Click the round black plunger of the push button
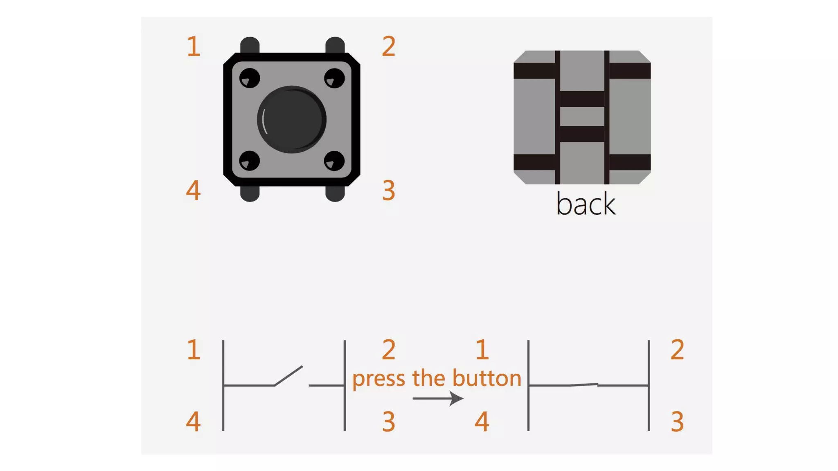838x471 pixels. point(291,119)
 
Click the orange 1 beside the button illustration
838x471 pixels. point(194,46)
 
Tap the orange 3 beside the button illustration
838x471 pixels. point(389,191)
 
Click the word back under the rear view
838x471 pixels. point(586,204)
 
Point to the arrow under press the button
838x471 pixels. point(437,398)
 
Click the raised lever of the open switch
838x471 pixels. point(288,375)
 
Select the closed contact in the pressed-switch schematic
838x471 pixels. point(584,384)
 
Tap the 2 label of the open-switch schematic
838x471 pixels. point(389,350)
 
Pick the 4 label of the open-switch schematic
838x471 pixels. point(193,422)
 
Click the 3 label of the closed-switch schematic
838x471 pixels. point(677,422)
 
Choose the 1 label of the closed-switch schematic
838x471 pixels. point(482,350)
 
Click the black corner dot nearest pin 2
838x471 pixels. point(334,78)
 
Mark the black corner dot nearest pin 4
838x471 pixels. point(249,160)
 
